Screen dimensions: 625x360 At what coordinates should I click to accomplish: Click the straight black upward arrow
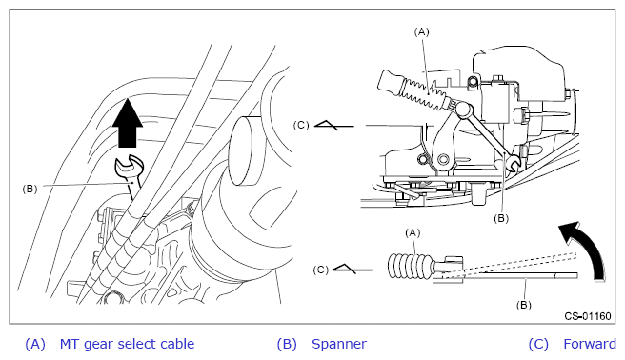[x=128, y=123]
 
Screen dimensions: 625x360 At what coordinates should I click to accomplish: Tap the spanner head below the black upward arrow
[x=128, y=167]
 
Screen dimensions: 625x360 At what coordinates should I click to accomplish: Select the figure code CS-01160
[x=588, y=316]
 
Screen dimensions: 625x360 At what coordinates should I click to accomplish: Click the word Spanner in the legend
[x=339, y=344]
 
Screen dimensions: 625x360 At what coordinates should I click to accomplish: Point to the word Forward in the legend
[x=590, y=344]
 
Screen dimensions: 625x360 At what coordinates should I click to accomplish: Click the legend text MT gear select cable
[x=127, y=344]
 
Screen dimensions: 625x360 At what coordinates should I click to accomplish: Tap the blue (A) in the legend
[x=35, y=344]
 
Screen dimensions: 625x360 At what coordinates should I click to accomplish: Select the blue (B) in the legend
[x=287, y=344]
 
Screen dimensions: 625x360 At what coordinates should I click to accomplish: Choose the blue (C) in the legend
[x=538, y=344]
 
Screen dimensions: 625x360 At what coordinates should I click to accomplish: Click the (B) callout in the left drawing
[x=30, y=189]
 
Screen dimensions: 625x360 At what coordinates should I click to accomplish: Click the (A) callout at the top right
[x=421, y=31]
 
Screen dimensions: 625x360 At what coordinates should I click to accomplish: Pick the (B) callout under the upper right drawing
[x=501, y=218]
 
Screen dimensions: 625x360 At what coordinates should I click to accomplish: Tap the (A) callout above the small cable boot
[x=413, y=232]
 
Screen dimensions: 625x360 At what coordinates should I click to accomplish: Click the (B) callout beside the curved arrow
[x=524, y=305]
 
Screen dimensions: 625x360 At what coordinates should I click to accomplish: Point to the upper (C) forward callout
[x=301, y=125]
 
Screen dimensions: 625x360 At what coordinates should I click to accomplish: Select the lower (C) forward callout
[x=321, y=270]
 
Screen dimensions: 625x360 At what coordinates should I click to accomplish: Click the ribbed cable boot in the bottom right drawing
[x=411, y=266]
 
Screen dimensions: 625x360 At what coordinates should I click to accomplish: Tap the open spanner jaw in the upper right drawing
[x=513, y=164]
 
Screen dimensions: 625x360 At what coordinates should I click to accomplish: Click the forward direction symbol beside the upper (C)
[x=334, y=125]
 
